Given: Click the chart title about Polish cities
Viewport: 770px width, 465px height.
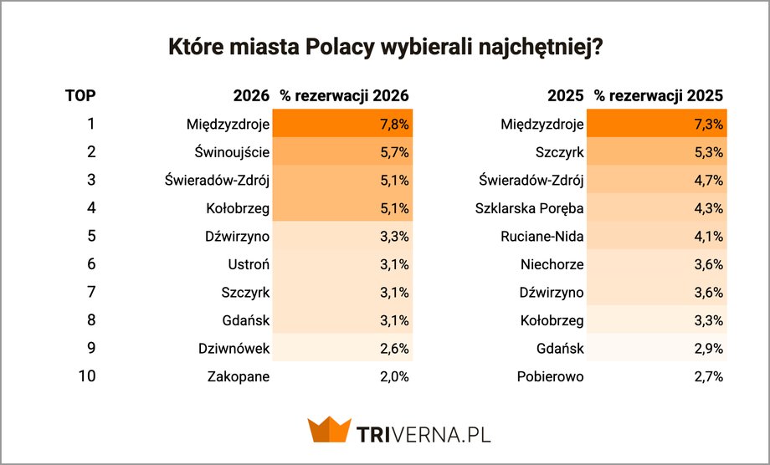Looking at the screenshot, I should tap(386, 47).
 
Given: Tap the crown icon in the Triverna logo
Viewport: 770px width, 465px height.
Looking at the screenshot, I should tap(328, 430).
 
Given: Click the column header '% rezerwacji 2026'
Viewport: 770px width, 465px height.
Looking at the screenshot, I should tap(344, 95).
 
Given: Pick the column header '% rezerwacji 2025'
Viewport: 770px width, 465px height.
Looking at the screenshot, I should tap(659, 95).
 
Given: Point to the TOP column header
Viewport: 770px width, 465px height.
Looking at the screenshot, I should tap(80, 95).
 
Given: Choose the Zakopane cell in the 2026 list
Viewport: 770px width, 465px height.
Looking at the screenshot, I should tap(239, 376).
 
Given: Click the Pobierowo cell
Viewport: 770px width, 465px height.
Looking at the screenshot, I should tap(550, 376).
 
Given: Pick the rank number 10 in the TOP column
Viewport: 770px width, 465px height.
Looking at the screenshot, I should tap(87, 376).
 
